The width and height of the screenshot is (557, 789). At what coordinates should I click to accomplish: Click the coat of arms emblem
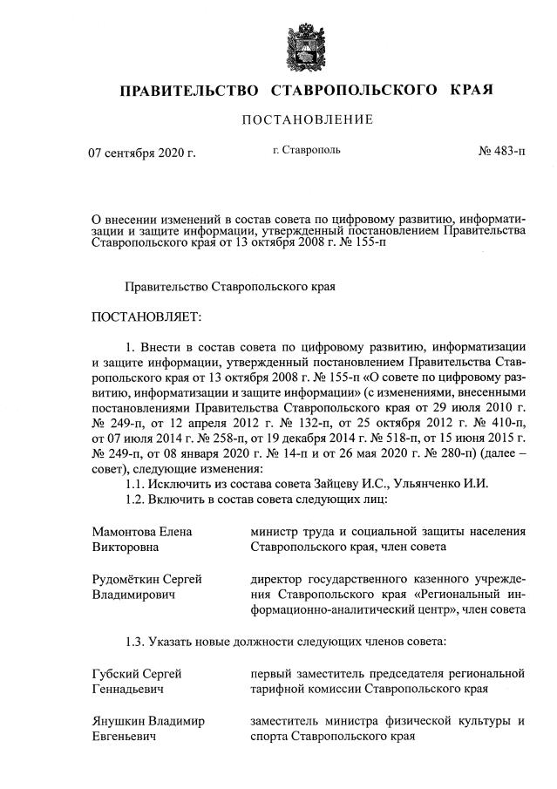tap(307, 43)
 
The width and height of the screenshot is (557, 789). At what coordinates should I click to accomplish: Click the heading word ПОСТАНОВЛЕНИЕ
tap(307, 119)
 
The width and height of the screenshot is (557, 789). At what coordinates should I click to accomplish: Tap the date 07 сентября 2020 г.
tap(142, 154)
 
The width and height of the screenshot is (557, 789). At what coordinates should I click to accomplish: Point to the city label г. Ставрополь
tap(306, 151)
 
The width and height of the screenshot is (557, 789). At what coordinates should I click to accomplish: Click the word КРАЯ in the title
tap(472, 90)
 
